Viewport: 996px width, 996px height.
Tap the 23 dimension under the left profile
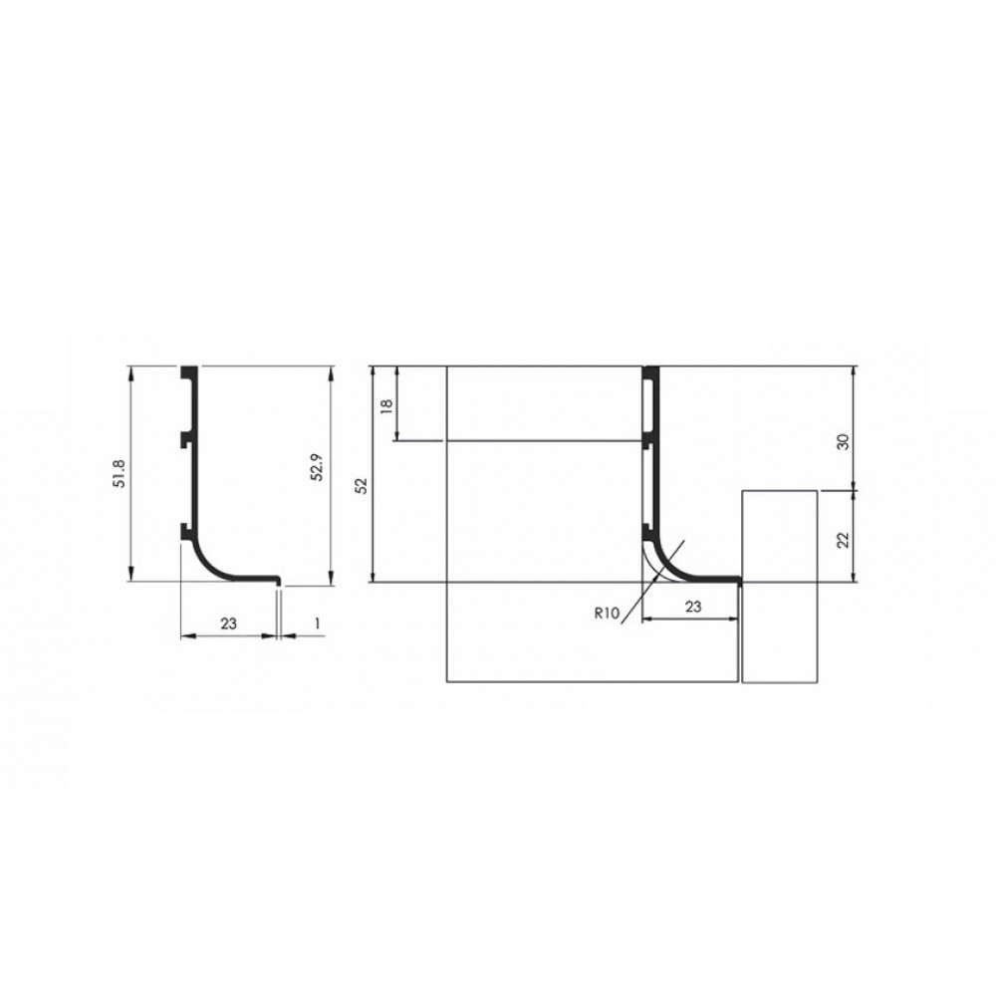point(229,623)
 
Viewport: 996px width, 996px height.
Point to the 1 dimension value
point(317,623)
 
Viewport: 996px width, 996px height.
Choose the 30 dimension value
point(844,442)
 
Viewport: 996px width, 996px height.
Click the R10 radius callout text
point(607,614)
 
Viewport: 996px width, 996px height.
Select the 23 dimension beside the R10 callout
point(693,607)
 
